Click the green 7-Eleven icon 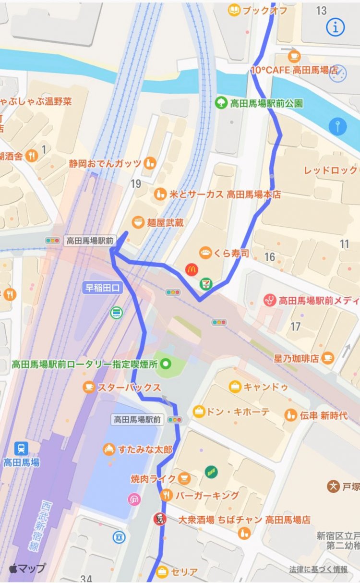[205, 284]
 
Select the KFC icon [158, 519]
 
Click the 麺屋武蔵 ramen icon [138, 222]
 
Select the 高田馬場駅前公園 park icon [221, 102]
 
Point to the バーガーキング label [207, 495]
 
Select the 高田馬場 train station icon [21, 449]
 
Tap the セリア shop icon [163, 571]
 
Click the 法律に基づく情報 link [318, 569]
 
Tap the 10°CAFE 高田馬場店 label [294, 70]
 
